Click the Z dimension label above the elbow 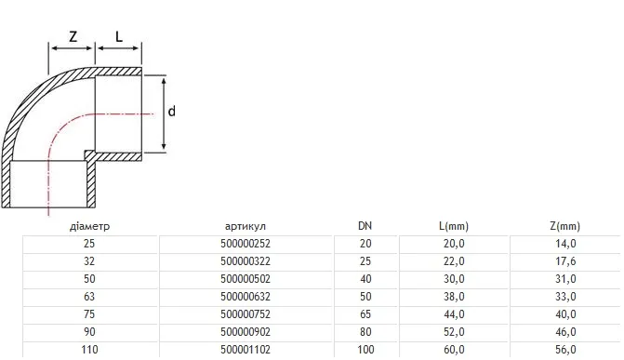[x=73, y=36]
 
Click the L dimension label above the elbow [x=119, y=36]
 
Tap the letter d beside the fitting [x=171, y=111]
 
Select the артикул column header [x=246, y=227]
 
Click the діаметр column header [x=89, y=227]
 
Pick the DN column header [x=365, y=226]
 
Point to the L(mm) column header [x=454, y=226]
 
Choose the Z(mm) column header [x=565, y=226]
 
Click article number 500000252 [x=246, y=244]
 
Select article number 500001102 [x=246, y=350]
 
